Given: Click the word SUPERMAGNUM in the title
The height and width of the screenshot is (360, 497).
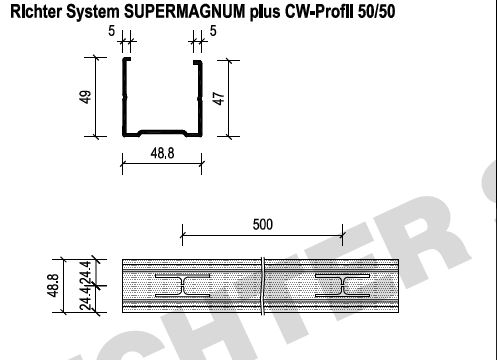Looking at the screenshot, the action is coord(184,11).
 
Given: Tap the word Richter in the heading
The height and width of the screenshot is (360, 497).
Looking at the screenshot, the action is coord(36,11).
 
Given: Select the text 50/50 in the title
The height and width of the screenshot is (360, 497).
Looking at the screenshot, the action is coord(376,11).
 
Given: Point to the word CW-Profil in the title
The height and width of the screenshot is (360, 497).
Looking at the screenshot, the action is coord(319,11).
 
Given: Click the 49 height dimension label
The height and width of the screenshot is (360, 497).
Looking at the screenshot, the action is coord(86,97).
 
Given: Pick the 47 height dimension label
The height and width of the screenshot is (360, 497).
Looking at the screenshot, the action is coord(219,98).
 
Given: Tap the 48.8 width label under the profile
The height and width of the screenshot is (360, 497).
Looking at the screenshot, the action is coord(162,153).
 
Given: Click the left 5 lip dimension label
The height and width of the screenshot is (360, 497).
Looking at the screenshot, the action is coord(111,31).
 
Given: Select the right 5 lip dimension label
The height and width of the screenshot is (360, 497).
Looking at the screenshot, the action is coord(213,31).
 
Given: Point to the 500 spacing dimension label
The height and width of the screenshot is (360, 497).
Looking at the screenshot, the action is coord(263,224).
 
